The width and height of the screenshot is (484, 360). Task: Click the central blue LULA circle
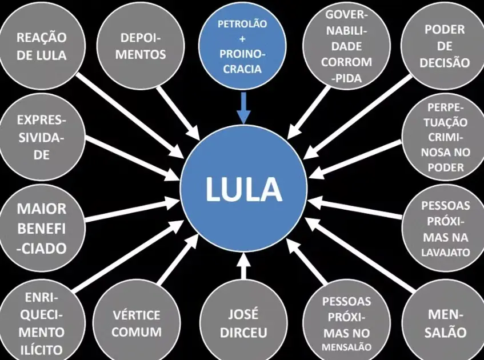(x=243, y=188)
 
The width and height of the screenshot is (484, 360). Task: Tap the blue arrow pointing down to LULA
(x=243, y=107)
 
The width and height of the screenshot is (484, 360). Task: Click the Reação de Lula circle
(x=42, y=46)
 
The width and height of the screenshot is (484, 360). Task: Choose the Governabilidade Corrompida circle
(x=347, y=46)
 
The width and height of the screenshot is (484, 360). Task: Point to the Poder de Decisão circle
(x=445, y=46)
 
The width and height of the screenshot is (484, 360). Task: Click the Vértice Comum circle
(x=136, y=323)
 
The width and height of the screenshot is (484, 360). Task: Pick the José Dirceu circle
(x=243, y=323)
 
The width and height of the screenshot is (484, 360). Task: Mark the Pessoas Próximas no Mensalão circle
(x=347, y=323)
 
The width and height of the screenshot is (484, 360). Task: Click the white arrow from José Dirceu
(x=243, y=267)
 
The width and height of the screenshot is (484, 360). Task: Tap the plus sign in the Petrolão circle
(x=242, y=40)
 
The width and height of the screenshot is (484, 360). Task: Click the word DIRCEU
(x=243, y=333)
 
